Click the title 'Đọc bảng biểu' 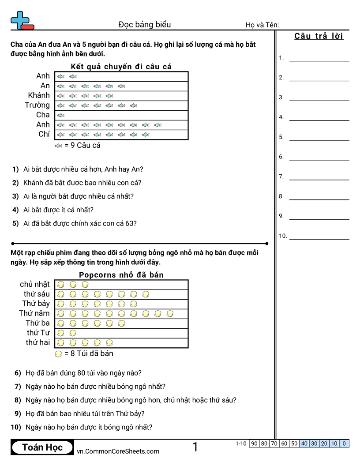(x=145, y=25)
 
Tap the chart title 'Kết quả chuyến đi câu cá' (x=121, y=67)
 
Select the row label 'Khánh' (x=39, y=95)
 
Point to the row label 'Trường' (x=37, y=105)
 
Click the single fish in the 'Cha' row (x=61, y=115)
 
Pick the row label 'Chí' (x=44, y=134)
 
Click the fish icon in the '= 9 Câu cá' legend (x=58, y=146)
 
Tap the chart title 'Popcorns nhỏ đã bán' (x=121, y=275)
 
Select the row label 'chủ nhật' (x=35, y=284)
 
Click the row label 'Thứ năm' (x=34, y=313)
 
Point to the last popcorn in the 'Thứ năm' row (x=170, y=314)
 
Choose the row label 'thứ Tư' (x=38, y=333)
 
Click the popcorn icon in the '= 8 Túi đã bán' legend (x=58, y=354)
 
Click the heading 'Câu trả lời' (x=319, y=36)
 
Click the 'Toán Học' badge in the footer (x=43, y=447)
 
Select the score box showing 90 (x=254, y=443)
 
